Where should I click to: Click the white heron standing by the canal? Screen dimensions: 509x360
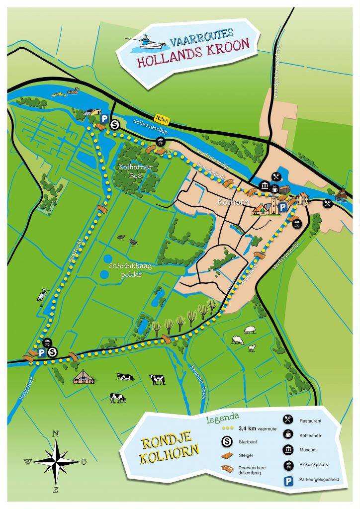click(x=42, y=297)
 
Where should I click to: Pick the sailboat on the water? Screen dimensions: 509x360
click(x=341, y=194)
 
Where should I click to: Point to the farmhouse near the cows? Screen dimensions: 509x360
click(x=85, y=376)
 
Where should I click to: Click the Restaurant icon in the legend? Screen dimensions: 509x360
click(x=287, y=420)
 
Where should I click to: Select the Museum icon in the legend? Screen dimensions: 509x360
click(x=287, y=449)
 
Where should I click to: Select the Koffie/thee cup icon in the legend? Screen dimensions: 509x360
click(x=287, y=435)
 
